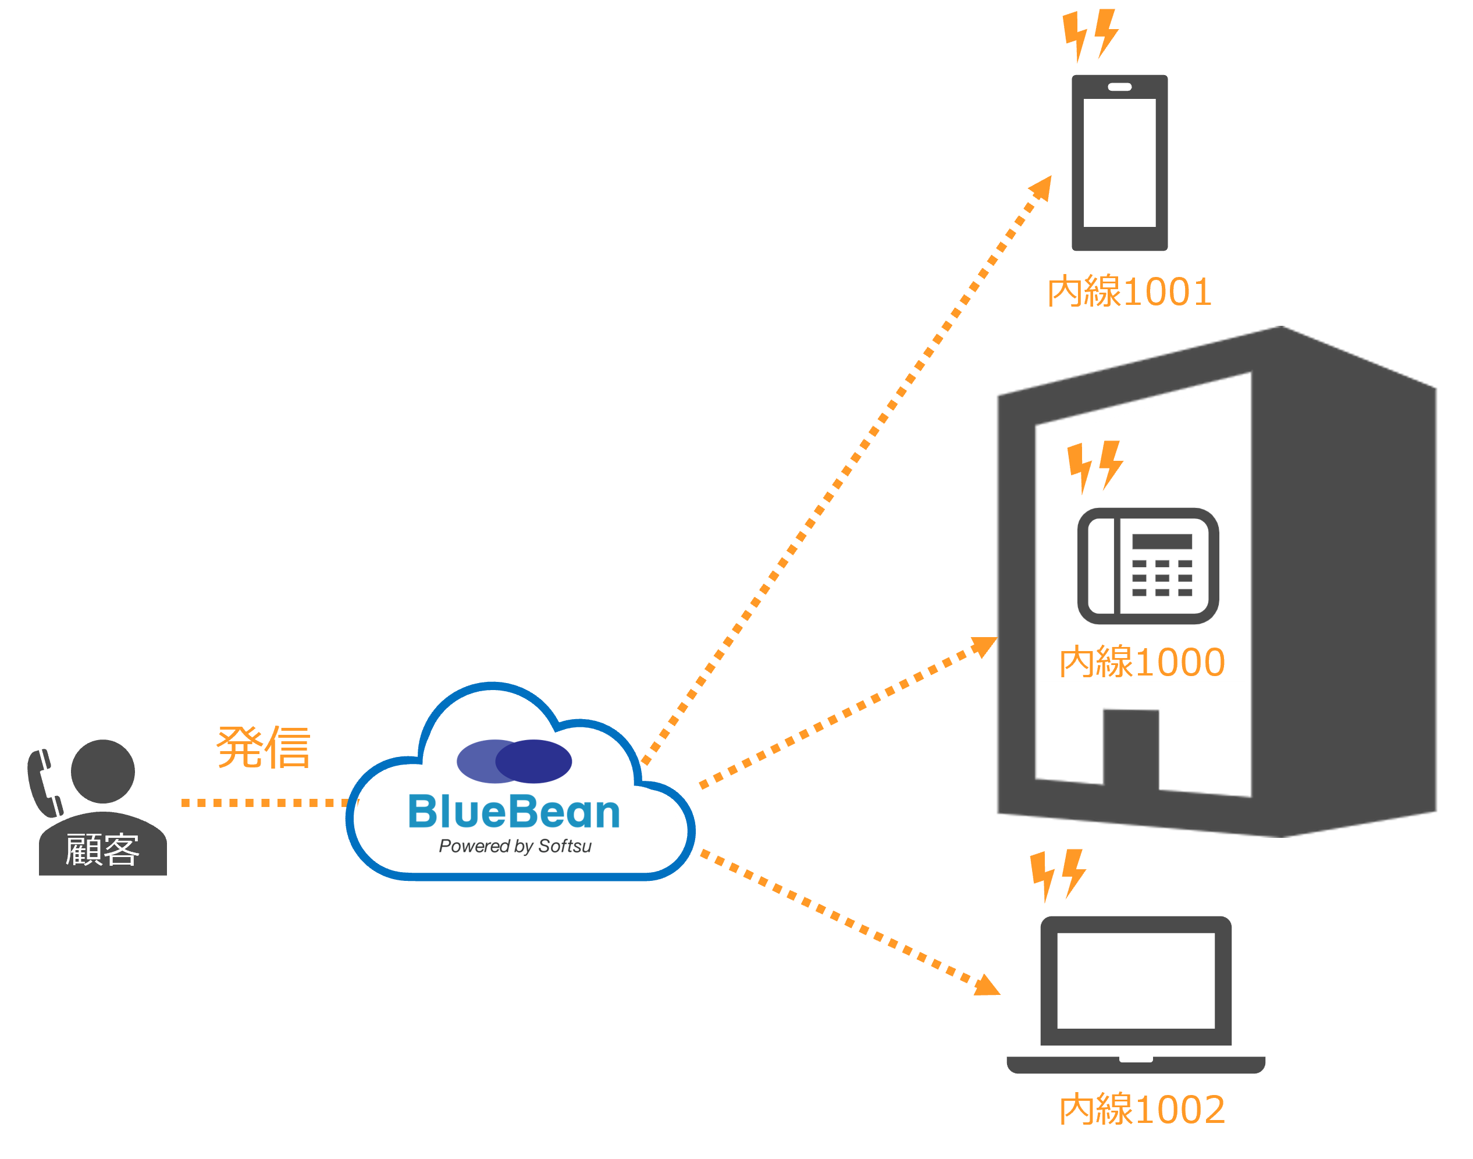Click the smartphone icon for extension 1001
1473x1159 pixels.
point(1119,163)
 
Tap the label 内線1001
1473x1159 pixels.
point(1130,291)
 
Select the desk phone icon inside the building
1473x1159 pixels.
point(1148,566)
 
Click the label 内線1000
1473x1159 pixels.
point(1142,662)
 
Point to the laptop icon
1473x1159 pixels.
point(1136,995)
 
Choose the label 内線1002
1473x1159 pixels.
point(1142,1110)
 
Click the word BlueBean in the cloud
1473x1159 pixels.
point(514,812)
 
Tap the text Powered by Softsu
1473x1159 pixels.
point(515,846)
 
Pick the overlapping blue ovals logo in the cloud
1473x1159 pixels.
point(514,760)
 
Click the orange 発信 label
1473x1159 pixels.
point(264,747)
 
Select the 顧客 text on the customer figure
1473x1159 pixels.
point(102,849)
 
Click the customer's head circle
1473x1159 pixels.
point(103,771)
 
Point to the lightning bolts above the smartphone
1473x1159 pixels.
point(1090,35)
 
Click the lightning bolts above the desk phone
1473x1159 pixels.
point(1095,465)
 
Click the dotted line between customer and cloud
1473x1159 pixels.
point(265,803)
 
